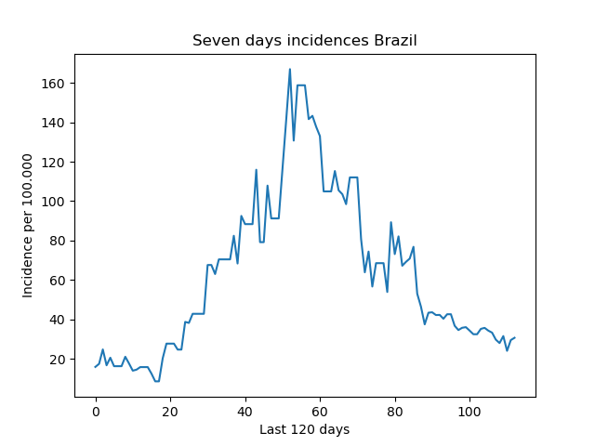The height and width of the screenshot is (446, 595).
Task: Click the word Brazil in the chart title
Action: [395, 40]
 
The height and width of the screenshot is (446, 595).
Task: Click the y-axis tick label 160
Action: [53, 84]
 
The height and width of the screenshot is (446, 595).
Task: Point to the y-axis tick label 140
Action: [53, 123]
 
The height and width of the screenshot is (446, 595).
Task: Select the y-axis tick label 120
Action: [53, 163]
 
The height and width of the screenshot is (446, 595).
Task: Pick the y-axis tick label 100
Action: [53, 202]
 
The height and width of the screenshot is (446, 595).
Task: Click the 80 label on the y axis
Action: [57, 241]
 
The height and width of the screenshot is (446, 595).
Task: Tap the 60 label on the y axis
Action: [57, 281]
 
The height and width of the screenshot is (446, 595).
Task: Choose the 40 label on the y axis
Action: [57, 320]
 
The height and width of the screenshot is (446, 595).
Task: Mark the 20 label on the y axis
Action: [57, 360]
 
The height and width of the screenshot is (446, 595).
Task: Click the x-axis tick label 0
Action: [96, 412]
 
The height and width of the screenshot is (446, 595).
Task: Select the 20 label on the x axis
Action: [170, 412]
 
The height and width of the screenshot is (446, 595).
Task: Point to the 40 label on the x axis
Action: [245, 412]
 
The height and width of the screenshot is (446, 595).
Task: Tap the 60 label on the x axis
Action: [320, 412]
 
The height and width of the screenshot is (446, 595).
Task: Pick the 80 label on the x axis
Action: [394, 412]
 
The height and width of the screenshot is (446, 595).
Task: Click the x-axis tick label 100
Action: [469, 412]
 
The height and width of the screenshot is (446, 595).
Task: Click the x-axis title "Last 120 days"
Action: [305, 429]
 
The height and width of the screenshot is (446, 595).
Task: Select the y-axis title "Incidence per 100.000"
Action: [27, 226]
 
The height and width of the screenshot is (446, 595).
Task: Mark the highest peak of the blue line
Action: [290, 69]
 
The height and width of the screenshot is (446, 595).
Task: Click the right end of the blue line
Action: [514, 337]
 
